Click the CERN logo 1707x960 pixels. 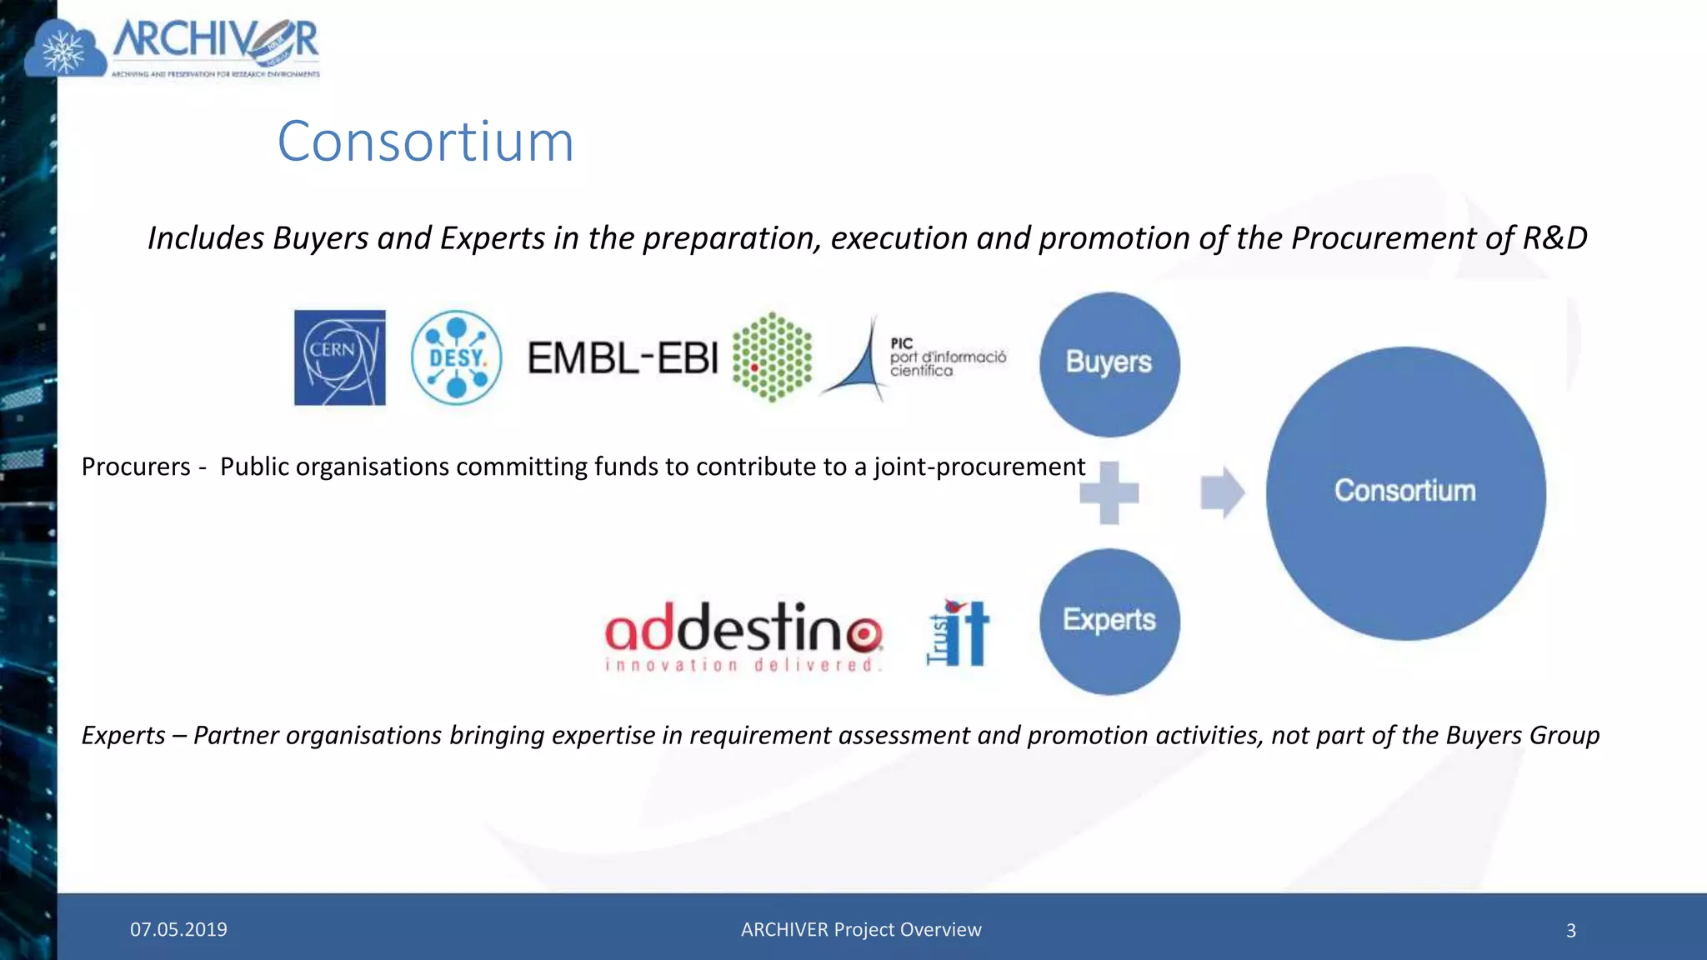(x=339, y=357)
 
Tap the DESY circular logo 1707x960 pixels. (x=456, y=357)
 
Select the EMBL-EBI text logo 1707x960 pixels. (x=622, y=358)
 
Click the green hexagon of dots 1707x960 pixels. (x=772, y=357)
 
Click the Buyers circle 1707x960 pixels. (x=1109, y=363)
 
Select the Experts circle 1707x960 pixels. (x=1109, y=621)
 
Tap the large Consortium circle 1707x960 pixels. (x=1405, y=492)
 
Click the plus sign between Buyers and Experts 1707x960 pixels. (x=1109, y=492)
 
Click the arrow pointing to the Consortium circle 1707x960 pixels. (x=1222, y=492)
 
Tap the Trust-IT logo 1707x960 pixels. (x=959, y=633)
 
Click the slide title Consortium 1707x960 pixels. (x=425, y=141)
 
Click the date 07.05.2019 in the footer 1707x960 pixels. (x=178, y=929)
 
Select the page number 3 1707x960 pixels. (x=1570, y=930)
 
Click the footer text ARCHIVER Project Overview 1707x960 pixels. (x=861, y=929)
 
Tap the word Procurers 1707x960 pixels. (x=136, y=467)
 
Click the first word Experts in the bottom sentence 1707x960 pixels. (x=123, y=735)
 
